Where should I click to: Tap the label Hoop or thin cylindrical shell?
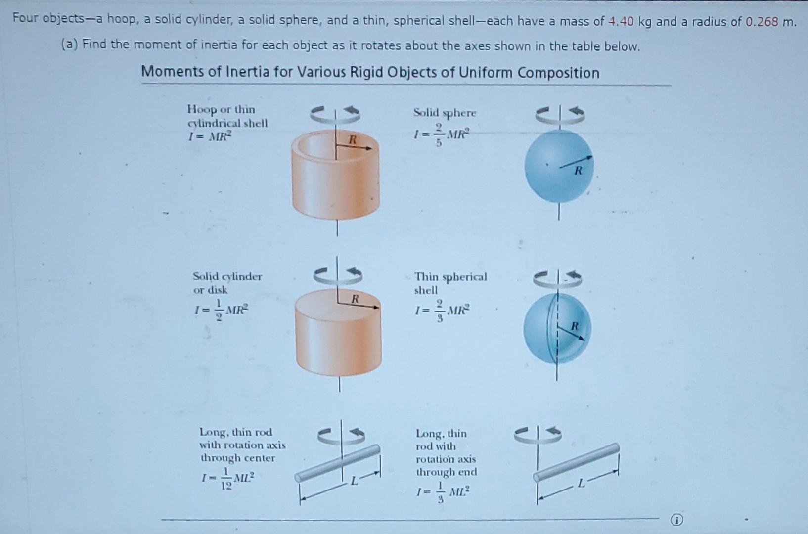pos(227,116)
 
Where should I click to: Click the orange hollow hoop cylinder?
pos(336,183)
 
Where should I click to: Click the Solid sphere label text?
pos(445,113)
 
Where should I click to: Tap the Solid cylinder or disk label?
pos(227,283)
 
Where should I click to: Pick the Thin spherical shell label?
pos(450,283)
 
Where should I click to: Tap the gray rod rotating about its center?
pos(338,463)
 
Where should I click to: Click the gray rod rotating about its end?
pos(576,462)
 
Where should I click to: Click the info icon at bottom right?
pos(677,520)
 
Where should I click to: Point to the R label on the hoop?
pos(352,140)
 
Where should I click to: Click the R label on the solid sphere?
pos(578,171)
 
